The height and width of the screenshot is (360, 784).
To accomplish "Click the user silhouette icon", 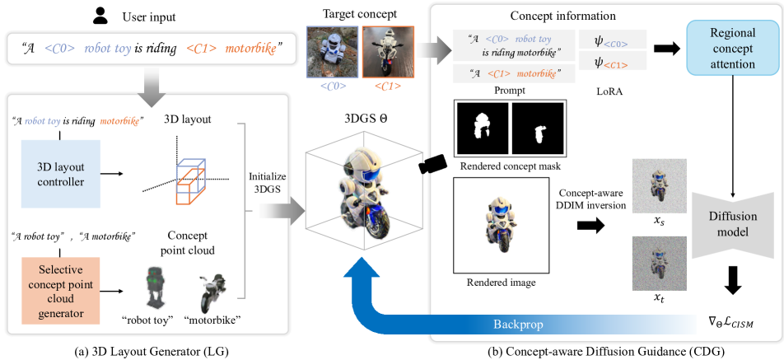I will coord(100,14).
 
